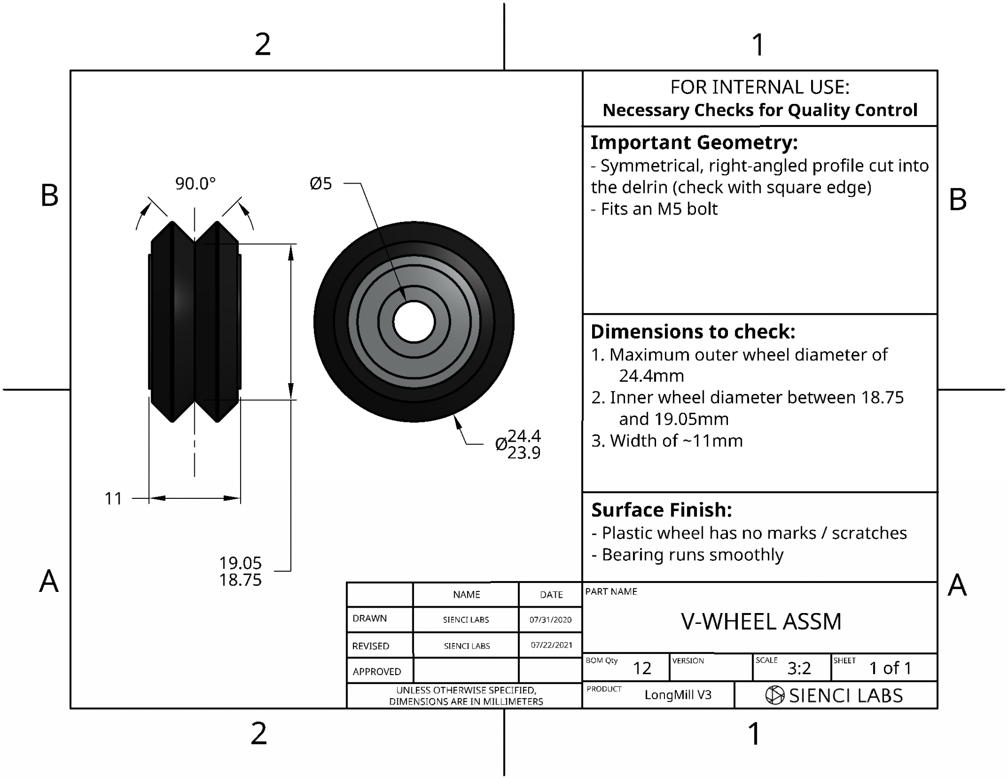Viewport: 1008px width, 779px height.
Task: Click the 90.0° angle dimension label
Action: click(x=195, y=184)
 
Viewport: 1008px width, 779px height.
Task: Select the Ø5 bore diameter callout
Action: click(x=321, y=184)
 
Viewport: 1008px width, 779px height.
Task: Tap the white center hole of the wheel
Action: click(x=414, y=322)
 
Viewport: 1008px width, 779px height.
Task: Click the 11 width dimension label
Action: click(x=113, y=498)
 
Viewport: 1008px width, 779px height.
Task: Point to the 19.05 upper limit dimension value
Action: click(x=240, y=562)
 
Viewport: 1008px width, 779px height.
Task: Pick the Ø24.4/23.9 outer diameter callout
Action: click(x=519, y=444)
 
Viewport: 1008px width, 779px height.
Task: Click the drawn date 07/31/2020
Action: click(x=550, y=619)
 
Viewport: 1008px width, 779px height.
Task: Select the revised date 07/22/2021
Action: click(x=551, y=645)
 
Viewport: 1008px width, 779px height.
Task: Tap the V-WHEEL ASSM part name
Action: click(x=761, y=621)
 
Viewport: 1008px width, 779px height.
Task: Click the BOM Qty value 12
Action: click(x=642, y=668)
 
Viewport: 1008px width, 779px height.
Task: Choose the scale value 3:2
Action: click(x=799, y=668)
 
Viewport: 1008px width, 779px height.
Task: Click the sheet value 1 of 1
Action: click(x=890, y=668)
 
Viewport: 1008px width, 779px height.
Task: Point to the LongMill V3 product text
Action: click(x=678, y=695)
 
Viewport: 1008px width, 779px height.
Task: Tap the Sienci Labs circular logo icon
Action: click(x=775, y=695)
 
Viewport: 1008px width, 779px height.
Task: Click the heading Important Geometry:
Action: click(x=693, y=142)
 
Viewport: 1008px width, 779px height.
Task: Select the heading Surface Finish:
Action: click(x=661, y=510)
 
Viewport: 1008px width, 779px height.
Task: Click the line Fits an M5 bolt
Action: click(x=654, y=209)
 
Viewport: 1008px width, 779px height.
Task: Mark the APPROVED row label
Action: click(x=377, y=671)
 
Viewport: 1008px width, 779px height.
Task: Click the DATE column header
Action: click(x=551, y=594)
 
